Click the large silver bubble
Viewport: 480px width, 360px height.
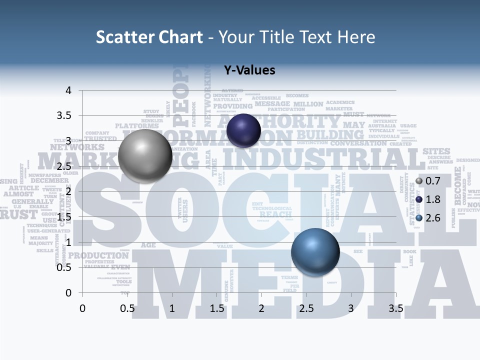tap(145, 155)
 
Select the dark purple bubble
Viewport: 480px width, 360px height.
tap(243, 130)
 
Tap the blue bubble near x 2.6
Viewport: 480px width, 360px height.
tap(315, 252)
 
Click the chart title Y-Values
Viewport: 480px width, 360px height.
tap(249, 70)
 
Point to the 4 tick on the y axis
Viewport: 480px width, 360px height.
tap(68, 90)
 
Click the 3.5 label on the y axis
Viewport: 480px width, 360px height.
tap(63, 116)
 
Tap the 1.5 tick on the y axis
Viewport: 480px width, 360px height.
tap(63, 217)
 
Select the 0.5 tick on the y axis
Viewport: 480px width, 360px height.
tap(63, 267)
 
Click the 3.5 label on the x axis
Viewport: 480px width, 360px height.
tap(395, 308)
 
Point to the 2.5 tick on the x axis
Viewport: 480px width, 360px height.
tap(306, 308)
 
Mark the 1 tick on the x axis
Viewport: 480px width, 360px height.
tap(172, 308)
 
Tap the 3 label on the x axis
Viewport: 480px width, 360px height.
tap(351, 308)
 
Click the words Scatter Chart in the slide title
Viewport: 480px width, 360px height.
tap(149, 37)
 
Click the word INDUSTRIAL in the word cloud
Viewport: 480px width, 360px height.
tap(320, 159)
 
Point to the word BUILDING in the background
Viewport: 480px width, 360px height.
tap(330, 135)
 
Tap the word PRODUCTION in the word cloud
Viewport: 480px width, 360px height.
tap(98, 255)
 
